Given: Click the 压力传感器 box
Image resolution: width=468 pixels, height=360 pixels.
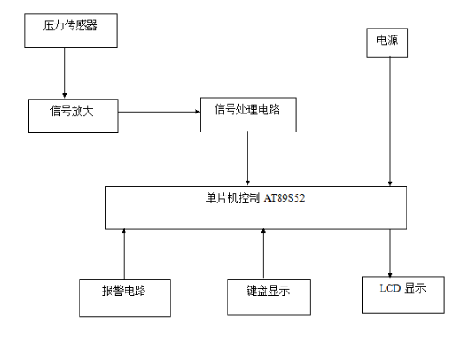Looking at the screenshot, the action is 71,30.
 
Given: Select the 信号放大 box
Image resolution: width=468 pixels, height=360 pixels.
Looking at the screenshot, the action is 73,116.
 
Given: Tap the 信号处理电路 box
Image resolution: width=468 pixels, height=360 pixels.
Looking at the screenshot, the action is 248,114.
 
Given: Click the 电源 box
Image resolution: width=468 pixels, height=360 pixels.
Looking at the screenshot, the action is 387,42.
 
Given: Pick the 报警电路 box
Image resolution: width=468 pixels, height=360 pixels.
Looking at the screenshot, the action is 125,298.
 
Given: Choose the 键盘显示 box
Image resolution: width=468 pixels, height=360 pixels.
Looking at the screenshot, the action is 268,297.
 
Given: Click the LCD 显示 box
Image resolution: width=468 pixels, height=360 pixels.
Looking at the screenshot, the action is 403,295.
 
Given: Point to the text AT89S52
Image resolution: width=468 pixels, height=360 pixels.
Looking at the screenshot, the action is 284,198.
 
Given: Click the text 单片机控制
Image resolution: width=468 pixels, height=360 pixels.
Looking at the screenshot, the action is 233,198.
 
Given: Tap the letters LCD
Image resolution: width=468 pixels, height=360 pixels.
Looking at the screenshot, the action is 390,288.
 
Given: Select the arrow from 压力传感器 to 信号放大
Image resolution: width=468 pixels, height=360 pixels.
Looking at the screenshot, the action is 65,73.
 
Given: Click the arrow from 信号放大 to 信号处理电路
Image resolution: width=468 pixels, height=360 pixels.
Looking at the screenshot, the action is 159,112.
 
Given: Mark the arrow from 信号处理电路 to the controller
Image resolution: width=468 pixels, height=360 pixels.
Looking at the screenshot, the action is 247,158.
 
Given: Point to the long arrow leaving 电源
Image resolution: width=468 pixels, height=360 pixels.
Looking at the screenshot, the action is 390,121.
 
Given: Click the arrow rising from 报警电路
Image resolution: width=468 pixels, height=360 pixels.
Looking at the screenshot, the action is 124,254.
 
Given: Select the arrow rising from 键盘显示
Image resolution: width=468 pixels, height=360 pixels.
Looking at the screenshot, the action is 263,254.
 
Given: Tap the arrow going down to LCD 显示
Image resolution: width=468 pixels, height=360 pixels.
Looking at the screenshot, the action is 390,254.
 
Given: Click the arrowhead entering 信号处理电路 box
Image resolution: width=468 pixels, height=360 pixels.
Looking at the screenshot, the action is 197,112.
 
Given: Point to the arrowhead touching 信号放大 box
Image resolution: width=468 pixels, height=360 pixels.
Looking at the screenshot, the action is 65,95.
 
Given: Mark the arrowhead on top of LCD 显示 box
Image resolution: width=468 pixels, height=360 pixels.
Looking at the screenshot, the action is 390,275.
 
